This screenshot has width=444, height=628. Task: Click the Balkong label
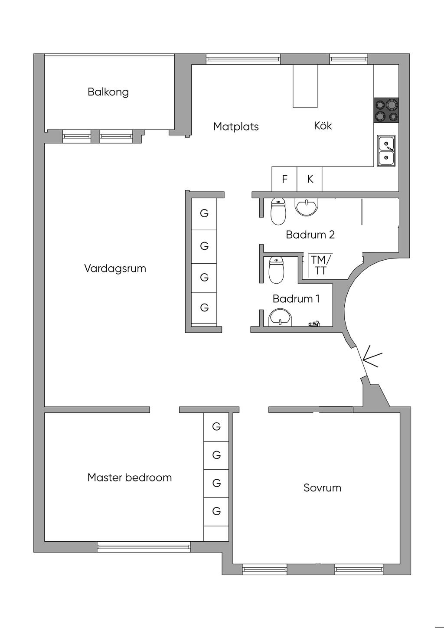pyautogui.click(x=108, y=92)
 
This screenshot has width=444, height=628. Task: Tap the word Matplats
pyautogui.click(x=236, y=127)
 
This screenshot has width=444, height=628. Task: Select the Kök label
pyautogui.click(x=323, y=126)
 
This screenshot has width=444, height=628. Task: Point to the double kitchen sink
pyautogui.click(x=386, y=150)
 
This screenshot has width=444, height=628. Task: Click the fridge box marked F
pyautogui.click(x=284, y=179)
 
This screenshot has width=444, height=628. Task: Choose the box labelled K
pyautogui.click(x=310, y=179)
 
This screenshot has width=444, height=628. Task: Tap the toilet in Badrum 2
pyautogui.click(x=278, y=211)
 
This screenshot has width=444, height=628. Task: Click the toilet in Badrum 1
pyautogui.click(x=276, y=270)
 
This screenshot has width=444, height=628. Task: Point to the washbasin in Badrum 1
pyautogui.click(x=281, y=318)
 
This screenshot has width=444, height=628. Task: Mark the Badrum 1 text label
pyautogui.click(x=296, y=299)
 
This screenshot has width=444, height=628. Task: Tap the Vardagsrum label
pyautogui.click(x=115, y=268)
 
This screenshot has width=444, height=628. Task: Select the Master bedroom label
pyautogui.click(x=130, y=478)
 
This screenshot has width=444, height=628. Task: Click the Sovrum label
pyautogui.click(x=322, y=488)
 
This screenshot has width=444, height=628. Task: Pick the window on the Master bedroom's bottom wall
pyautogui.click(x=144, y=547)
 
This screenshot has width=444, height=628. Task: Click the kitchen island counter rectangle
pyautogui.click(x=305, y=86)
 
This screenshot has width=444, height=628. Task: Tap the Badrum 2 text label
pyautogui.click(x=310, y=235)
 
